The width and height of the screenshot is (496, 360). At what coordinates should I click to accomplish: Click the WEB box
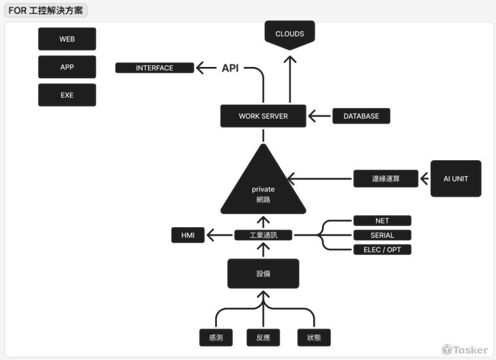click(x=67, y=39)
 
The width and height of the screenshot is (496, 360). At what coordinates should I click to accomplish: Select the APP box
click(x=67, y=67)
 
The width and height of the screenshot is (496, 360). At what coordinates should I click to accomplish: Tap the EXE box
click(x=67, y=95)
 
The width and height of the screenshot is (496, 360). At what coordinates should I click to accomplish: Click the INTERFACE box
click(x=154, y=68)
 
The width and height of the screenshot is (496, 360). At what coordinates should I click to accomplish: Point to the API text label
click(x=230, y=68)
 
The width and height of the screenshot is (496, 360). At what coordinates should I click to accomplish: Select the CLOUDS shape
click(x=290, y=34)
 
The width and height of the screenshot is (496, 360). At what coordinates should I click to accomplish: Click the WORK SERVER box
click(x=263, y=116)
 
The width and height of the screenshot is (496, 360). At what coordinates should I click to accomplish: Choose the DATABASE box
click(x=361, y=116)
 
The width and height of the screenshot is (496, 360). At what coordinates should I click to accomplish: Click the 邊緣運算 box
click(x=385, y=179)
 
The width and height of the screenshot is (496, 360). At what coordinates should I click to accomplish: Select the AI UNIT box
click(x=455, y=179)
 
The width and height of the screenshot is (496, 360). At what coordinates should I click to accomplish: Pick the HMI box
click(x=187, y=235)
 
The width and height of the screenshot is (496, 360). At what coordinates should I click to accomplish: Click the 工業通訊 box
click(x=263, y=235)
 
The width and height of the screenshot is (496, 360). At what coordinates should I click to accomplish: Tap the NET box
click(x=382, y=221)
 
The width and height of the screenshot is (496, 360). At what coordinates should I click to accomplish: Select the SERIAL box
click(x=382, y=235)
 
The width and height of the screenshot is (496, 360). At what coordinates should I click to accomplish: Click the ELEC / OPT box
click(x=382, y=249)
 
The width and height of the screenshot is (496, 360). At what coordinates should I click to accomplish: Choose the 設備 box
click(x=263, y=273)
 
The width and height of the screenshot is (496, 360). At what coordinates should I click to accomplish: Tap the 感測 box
click(x=216, y=338)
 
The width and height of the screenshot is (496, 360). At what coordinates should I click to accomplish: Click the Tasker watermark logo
click(x=465, y=350)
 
